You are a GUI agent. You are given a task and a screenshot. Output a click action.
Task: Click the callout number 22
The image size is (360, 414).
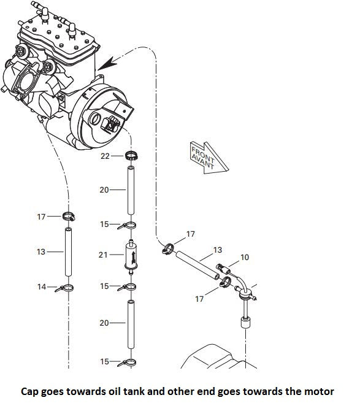(x=105, y=156)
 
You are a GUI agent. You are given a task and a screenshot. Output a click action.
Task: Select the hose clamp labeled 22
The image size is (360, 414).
(x=131, y=156)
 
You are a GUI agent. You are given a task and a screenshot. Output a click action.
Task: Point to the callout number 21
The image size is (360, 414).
(x=103, y=255)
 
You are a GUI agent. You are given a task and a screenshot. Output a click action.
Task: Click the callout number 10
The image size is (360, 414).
(x=245, y=257)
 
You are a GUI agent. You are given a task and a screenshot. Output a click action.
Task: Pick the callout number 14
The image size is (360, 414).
(x=42, y=286)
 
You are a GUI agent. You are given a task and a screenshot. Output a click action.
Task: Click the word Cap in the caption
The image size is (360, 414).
(x=30, y=392)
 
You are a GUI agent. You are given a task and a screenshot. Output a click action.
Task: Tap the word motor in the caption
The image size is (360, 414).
(x=319, y=391)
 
